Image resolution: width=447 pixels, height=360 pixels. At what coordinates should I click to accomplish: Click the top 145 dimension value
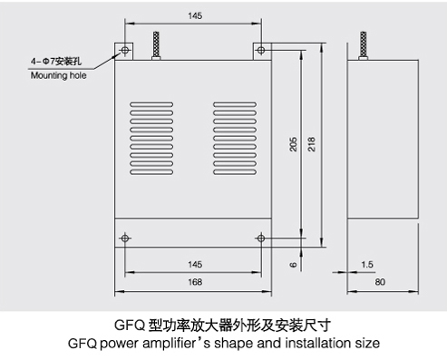click(195, 15)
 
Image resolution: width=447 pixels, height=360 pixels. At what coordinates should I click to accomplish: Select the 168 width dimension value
click(195, 282)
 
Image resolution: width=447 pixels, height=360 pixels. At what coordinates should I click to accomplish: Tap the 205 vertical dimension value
click(293, 144)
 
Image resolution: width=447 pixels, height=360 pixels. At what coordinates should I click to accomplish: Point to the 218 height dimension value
click(312, 144)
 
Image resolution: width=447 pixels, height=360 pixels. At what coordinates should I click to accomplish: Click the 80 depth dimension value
click(380, 282)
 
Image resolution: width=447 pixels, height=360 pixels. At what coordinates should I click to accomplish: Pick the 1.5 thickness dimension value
click(367, 265)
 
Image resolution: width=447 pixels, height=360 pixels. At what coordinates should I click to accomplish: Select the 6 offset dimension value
click(293, 265)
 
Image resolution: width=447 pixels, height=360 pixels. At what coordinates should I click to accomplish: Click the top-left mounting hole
click(125, 50)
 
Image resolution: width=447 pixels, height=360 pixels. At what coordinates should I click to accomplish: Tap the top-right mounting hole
click(261, 50)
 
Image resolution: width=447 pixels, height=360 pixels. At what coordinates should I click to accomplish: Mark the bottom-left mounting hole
click(125, 238)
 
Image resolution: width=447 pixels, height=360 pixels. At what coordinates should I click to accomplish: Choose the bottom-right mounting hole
click(261, 238)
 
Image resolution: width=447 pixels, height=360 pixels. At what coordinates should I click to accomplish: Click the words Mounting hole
click(58, 75)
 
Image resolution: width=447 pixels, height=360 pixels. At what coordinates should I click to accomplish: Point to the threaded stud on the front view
click(156, 45)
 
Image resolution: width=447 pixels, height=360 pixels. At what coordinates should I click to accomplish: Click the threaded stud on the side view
click(364, 45)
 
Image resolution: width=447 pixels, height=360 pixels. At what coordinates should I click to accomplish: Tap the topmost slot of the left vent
click(151, 104)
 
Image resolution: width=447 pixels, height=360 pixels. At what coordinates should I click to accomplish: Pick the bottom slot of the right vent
click(235, 172)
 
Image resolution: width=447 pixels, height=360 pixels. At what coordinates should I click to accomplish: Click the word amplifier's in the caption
click(176, 344)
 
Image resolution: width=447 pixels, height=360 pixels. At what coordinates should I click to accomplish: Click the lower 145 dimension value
click(195, 265)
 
